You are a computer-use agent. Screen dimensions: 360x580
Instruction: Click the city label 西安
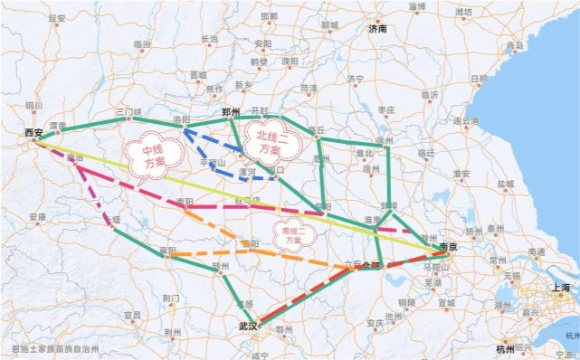pyautogui.click(x=34, y=133)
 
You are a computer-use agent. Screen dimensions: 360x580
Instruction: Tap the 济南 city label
pyautogui.click(x=377, y=29)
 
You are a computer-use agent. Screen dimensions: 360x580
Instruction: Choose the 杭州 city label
pyautogui.click(x=504, y=348)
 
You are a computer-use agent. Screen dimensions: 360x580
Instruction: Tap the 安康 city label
pyautogui.click(x=37, y=217)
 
